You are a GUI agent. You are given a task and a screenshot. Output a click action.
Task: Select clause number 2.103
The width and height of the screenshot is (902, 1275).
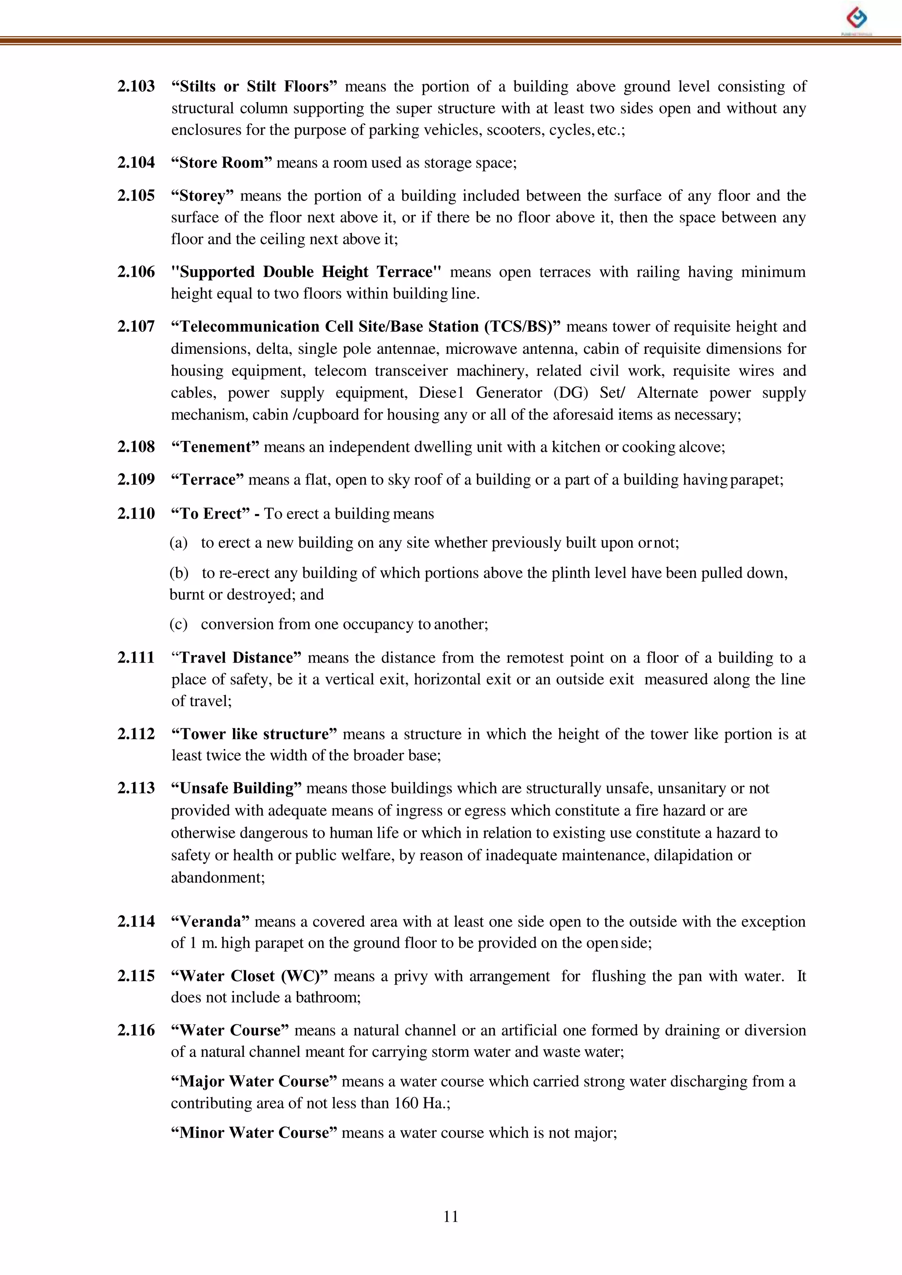coord(136,86)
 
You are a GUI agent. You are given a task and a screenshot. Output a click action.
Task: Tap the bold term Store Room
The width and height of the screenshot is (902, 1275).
coord(221,162)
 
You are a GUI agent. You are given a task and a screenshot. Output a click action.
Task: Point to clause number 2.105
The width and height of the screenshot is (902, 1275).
coord(136,195)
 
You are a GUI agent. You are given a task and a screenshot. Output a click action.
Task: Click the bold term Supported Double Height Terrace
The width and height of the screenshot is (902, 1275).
coord(306,272)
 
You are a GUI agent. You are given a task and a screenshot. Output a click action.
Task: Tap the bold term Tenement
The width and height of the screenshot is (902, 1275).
coord(215,447)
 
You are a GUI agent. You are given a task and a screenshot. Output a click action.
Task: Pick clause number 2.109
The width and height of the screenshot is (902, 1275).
coord(136,479)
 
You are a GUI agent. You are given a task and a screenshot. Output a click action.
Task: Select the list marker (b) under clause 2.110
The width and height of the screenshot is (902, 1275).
coord(178,572)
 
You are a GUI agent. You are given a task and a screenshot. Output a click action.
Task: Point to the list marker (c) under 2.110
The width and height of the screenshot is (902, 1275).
coord(178,624)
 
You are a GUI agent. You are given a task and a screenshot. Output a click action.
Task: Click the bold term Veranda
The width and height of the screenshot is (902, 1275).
coord(211,921)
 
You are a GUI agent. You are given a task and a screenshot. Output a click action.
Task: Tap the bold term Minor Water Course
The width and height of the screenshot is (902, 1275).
coord(254,1132)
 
